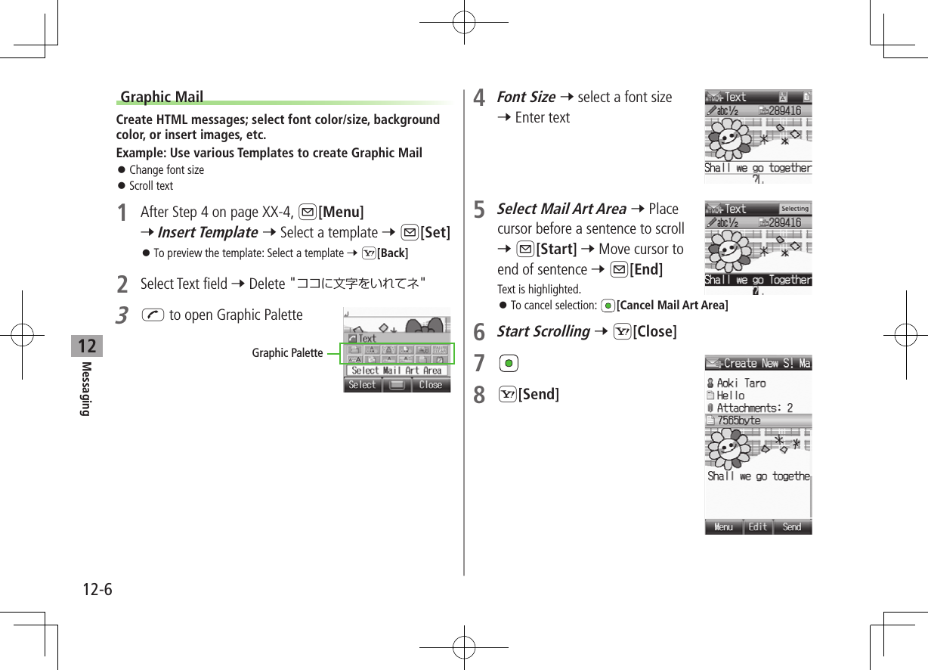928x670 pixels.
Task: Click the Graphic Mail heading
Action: point(162,97)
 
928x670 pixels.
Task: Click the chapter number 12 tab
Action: point(87,346)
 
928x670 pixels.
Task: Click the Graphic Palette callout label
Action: point(287,353)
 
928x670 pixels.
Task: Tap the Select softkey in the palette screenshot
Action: point(362,385)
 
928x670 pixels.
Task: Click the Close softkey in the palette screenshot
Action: point(431,385)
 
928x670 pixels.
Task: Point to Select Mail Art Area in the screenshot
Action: point(397,371)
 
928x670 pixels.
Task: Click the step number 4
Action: point(478,99)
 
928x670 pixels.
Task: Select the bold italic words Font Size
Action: point(526,97)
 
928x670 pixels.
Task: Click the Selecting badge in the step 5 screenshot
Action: point(794,209)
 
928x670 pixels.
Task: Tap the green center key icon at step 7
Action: point(508,364)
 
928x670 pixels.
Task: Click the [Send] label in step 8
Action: point(538,394)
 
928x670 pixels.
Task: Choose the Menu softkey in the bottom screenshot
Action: point(723,527)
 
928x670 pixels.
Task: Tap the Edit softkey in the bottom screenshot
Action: point(758,527)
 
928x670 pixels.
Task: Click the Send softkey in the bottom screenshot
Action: point(792,527)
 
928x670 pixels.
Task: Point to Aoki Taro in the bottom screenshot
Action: point(741,383)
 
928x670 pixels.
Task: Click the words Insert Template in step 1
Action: point(207,232)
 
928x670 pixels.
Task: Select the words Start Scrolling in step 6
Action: point(543,331)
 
